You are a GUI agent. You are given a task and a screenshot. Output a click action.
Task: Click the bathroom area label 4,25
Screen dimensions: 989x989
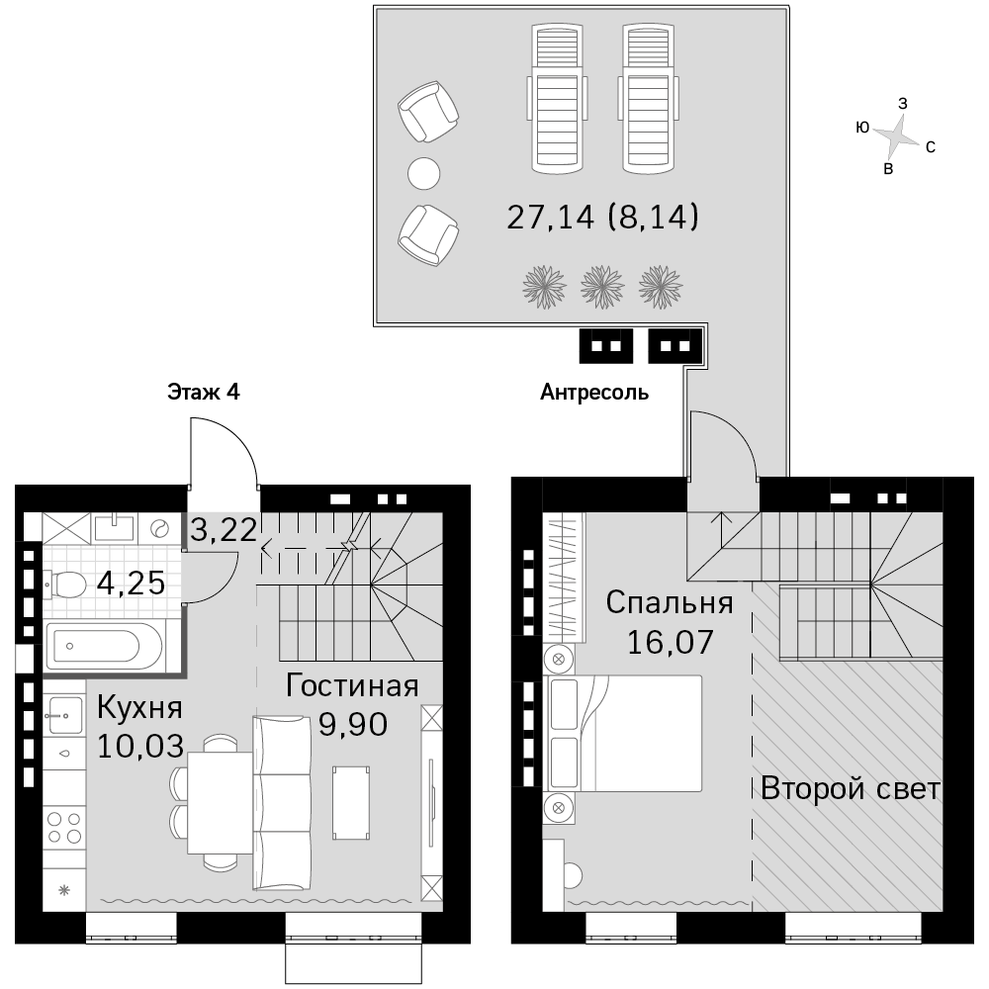tap(132, 584)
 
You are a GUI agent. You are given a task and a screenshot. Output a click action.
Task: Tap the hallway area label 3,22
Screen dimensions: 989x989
tap(224, 530)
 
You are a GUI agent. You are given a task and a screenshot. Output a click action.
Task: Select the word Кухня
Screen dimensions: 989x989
tap(139, 708)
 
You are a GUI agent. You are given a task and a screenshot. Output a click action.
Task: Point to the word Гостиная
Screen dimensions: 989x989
tap(352, 685)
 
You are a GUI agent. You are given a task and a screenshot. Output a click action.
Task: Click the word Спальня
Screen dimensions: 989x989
tap(670, 603)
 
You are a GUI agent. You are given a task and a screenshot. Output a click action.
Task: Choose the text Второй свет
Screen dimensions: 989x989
tap(851, 788)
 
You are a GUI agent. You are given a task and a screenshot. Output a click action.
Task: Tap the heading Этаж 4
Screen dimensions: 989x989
tap(204, 393)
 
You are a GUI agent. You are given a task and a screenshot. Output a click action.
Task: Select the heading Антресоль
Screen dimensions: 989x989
tap(594, 393)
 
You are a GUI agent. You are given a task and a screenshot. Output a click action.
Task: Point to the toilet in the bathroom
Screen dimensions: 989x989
tap(65, 584)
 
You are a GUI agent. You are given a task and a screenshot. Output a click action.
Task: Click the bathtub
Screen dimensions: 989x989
tap(105, 646)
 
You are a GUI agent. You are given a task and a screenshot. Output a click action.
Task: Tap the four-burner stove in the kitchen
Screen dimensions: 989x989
tap(64, 828)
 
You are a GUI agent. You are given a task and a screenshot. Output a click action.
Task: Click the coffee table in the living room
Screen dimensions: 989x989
tap(351, 803)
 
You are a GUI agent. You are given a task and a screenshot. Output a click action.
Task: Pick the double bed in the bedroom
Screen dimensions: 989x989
tap(623, 734)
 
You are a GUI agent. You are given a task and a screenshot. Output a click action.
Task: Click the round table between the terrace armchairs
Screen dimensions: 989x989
tap(424, 173)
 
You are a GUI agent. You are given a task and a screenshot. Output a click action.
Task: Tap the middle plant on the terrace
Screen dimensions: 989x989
tap(602, 287)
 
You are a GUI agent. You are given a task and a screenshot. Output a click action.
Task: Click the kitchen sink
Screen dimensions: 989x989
tap(64, 715)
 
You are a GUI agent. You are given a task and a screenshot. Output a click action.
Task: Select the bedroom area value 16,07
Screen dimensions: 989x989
tap(670, 642)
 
